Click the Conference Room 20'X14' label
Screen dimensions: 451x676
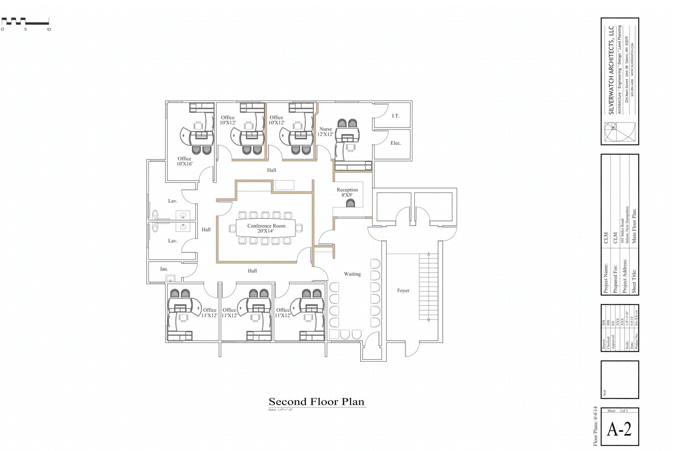click(266, 228)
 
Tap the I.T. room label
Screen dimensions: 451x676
click(395, 116)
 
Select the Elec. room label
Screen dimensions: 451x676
click(395, 143)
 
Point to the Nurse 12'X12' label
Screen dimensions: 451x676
click(325, 132)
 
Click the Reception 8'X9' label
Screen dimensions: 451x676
click(347, 192)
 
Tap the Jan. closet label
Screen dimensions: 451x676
click(164, 269)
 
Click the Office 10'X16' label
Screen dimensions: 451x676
click(185, 161)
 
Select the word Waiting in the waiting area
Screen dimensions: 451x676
click(352, 274)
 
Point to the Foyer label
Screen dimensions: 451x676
click(403, 291)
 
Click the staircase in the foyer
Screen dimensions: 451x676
click(428, 286)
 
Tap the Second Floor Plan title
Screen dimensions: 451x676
click(316, 402)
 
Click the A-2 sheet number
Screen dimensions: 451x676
click(619, 429)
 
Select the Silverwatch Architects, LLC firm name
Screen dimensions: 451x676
click(611, 70)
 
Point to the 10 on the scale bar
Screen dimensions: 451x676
click(49, 29)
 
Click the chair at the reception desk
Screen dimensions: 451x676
click(351, 203)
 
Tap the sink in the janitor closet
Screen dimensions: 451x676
click(171, 278)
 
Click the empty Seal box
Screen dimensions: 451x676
click(620, 379)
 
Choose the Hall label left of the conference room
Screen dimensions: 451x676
click(206, 229)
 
